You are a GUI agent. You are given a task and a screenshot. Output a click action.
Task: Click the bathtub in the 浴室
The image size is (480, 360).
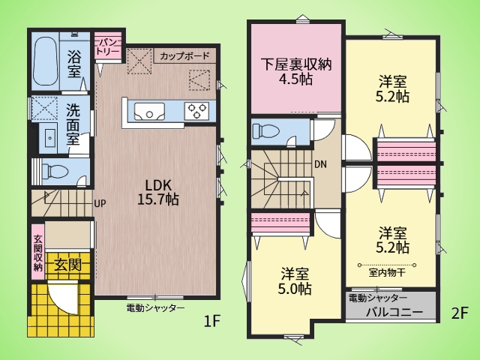(45, 62)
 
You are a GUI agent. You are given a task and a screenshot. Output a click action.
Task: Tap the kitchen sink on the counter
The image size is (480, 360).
(149, 112)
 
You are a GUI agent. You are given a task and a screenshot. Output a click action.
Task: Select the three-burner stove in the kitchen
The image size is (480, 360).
(196, 111)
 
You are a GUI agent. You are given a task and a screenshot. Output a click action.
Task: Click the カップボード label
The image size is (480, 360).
(184, 56)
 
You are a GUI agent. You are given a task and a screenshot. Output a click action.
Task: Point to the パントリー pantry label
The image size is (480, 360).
(107, 47)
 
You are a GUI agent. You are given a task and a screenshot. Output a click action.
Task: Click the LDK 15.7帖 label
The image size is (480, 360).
(158, 192)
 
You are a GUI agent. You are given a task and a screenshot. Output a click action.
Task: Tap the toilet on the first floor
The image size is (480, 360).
(55, 171)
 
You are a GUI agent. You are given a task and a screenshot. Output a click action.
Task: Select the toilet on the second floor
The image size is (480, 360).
(265, 131)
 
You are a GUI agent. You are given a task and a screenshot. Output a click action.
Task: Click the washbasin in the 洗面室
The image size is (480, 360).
(50, 138)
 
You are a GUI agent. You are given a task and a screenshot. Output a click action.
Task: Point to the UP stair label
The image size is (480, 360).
(100, 203)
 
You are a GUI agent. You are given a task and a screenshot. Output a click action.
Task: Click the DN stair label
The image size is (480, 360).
(320, 165)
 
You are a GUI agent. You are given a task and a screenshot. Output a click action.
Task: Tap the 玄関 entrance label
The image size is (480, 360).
(68, 265)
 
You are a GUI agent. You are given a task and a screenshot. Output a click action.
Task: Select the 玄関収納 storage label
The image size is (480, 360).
(38, 253)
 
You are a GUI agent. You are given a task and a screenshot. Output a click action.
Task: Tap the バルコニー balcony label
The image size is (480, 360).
(394, 312)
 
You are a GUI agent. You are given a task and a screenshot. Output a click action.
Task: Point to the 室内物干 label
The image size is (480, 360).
(387, 273)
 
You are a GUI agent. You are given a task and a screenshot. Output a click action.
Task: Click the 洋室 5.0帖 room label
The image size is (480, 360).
(295, 281)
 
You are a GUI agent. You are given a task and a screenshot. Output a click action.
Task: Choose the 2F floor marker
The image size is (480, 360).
(460, 313)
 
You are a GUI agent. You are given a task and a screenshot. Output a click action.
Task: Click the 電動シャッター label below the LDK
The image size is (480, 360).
(155, 307)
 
